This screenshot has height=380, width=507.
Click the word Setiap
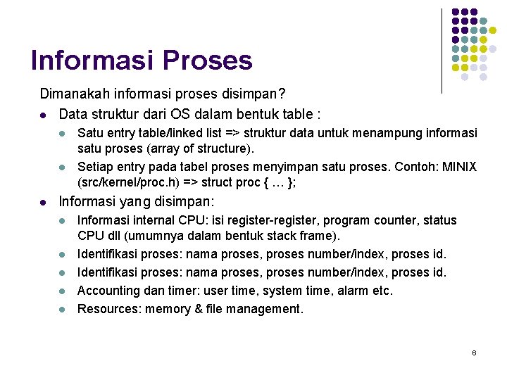click(x=94, y=167)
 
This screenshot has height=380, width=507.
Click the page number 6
click(x=474, y=352)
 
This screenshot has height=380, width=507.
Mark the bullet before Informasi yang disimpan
click(x=44, y=203)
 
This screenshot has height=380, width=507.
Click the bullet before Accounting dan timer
click(x=62, y=291)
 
